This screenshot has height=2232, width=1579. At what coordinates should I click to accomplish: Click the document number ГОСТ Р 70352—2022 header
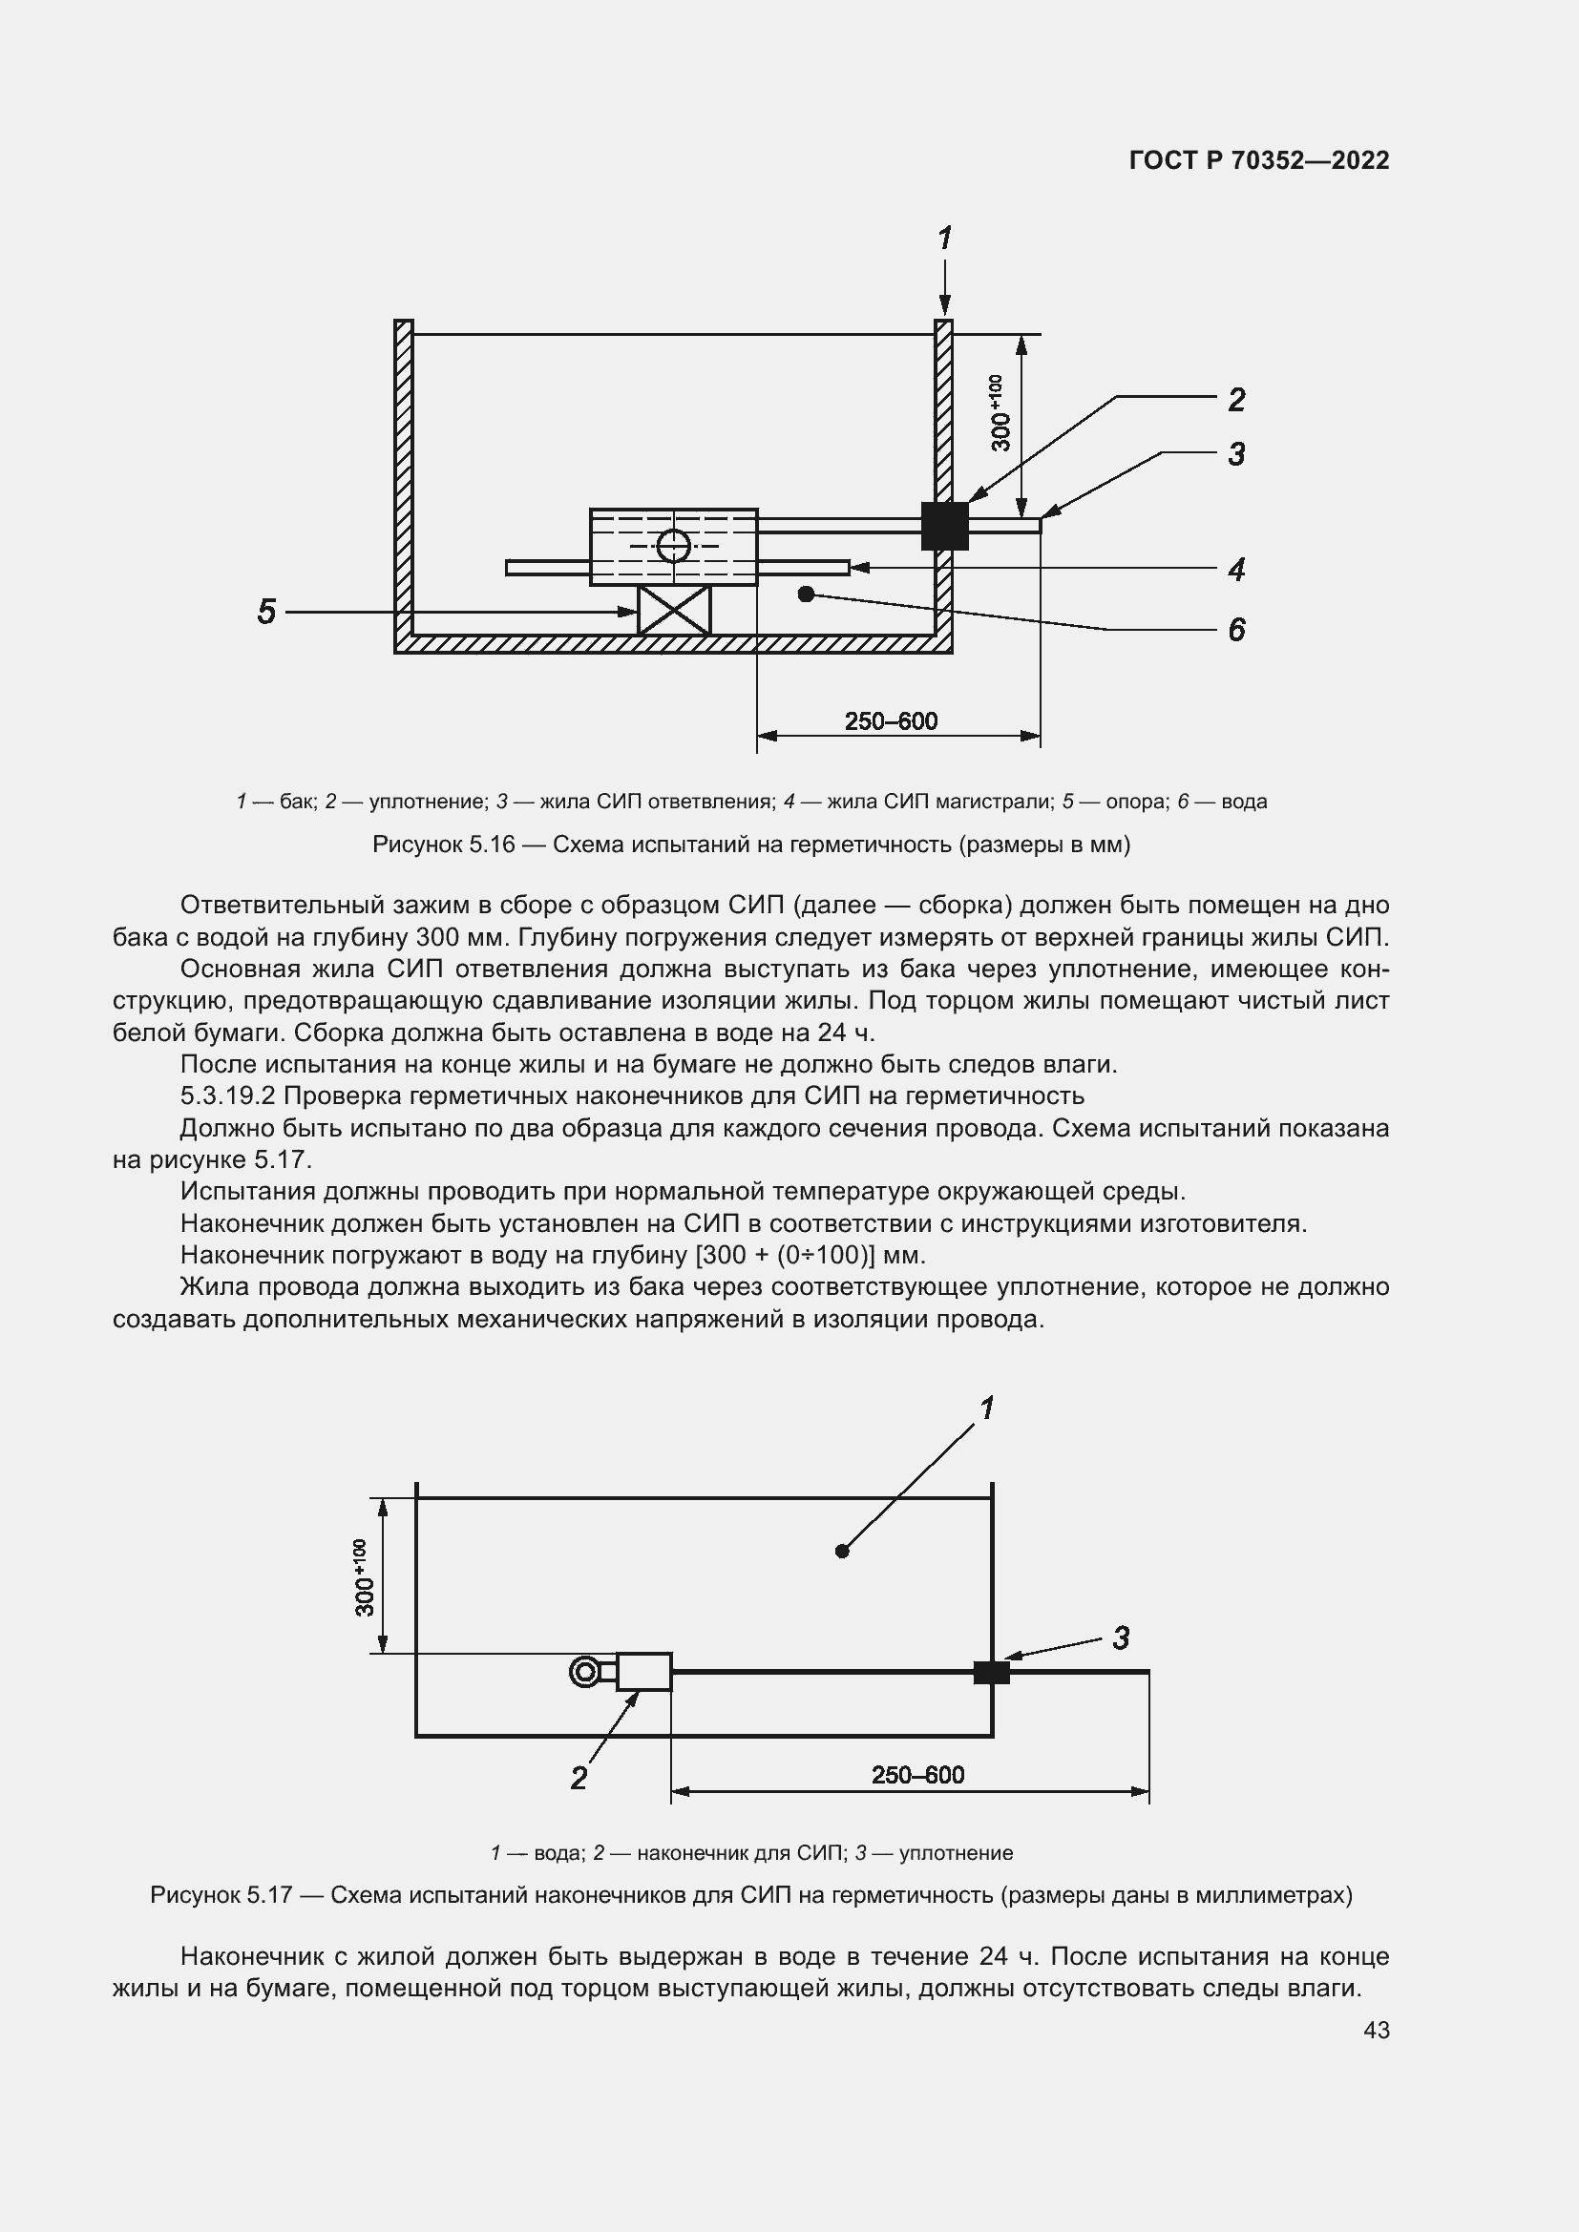pyautogui.click(x=1259, y=160)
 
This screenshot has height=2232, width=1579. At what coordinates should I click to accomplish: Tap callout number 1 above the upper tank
pyautogui.click(x=944, y=239)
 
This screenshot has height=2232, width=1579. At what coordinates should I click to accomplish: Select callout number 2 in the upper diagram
pyautogui.click(x=1235, y=400)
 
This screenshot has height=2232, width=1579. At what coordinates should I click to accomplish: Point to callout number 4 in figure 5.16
pyautogui.click(x=1235, y=569)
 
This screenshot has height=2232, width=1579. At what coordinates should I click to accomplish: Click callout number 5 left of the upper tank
pyautogui.click(x=266, y=612)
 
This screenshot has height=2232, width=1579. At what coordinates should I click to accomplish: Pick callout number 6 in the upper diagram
pyautogui.click(x=1235, y=630)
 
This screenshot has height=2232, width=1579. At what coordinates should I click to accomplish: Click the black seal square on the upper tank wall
pyautogui.click(x=944, y=526)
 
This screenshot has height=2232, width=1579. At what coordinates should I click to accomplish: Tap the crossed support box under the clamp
pyautogui.click(x=674, y=611)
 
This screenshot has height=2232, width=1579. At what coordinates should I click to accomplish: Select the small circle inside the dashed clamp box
pyautogui.click(x=673, y=546)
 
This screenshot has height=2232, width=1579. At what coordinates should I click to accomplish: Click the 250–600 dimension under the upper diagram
pyautogui.click(x=891, y=721)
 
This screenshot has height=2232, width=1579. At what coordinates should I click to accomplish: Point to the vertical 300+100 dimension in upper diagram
pyautogui.click(x=1000, y=413)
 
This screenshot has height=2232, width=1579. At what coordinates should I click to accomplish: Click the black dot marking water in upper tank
pyautogui.click(x=805, y=593)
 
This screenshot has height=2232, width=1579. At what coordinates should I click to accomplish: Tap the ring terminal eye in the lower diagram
pyautogui.click(x=584, y=1672)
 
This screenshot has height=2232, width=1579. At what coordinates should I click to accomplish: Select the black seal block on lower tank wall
pyautogui.click(x=991, y=1672)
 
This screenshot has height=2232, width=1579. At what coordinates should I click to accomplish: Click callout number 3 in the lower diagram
pyautogui.click(x=1121, y=1638)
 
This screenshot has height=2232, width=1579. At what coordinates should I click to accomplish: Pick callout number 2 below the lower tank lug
pyautogui.click(x=579, y=1778)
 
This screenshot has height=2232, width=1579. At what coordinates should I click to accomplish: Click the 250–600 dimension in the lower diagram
pyautogui.click(x=916, y=1775)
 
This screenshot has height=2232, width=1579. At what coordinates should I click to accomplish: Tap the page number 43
pyautogui.click(x=1376, y=2030)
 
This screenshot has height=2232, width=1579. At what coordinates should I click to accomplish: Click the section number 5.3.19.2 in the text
pyautogui.click(x=228, y=1095)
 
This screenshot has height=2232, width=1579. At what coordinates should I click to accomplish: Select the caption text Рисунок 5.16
pyautogui.click(x=443, y=845)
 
